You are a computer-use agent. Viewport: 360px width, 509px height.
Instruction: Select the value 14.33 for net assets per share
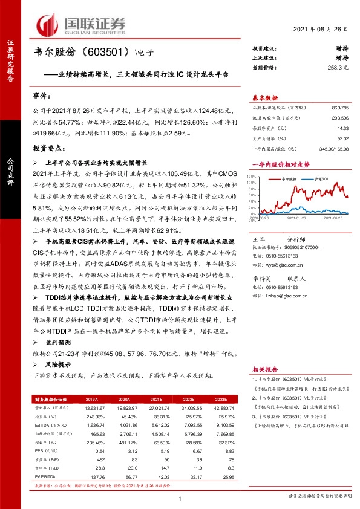click(x=343, y=129)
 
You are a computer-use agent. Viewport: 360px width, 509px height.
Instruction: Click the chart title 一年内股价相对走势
click(x=280, y=164)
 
